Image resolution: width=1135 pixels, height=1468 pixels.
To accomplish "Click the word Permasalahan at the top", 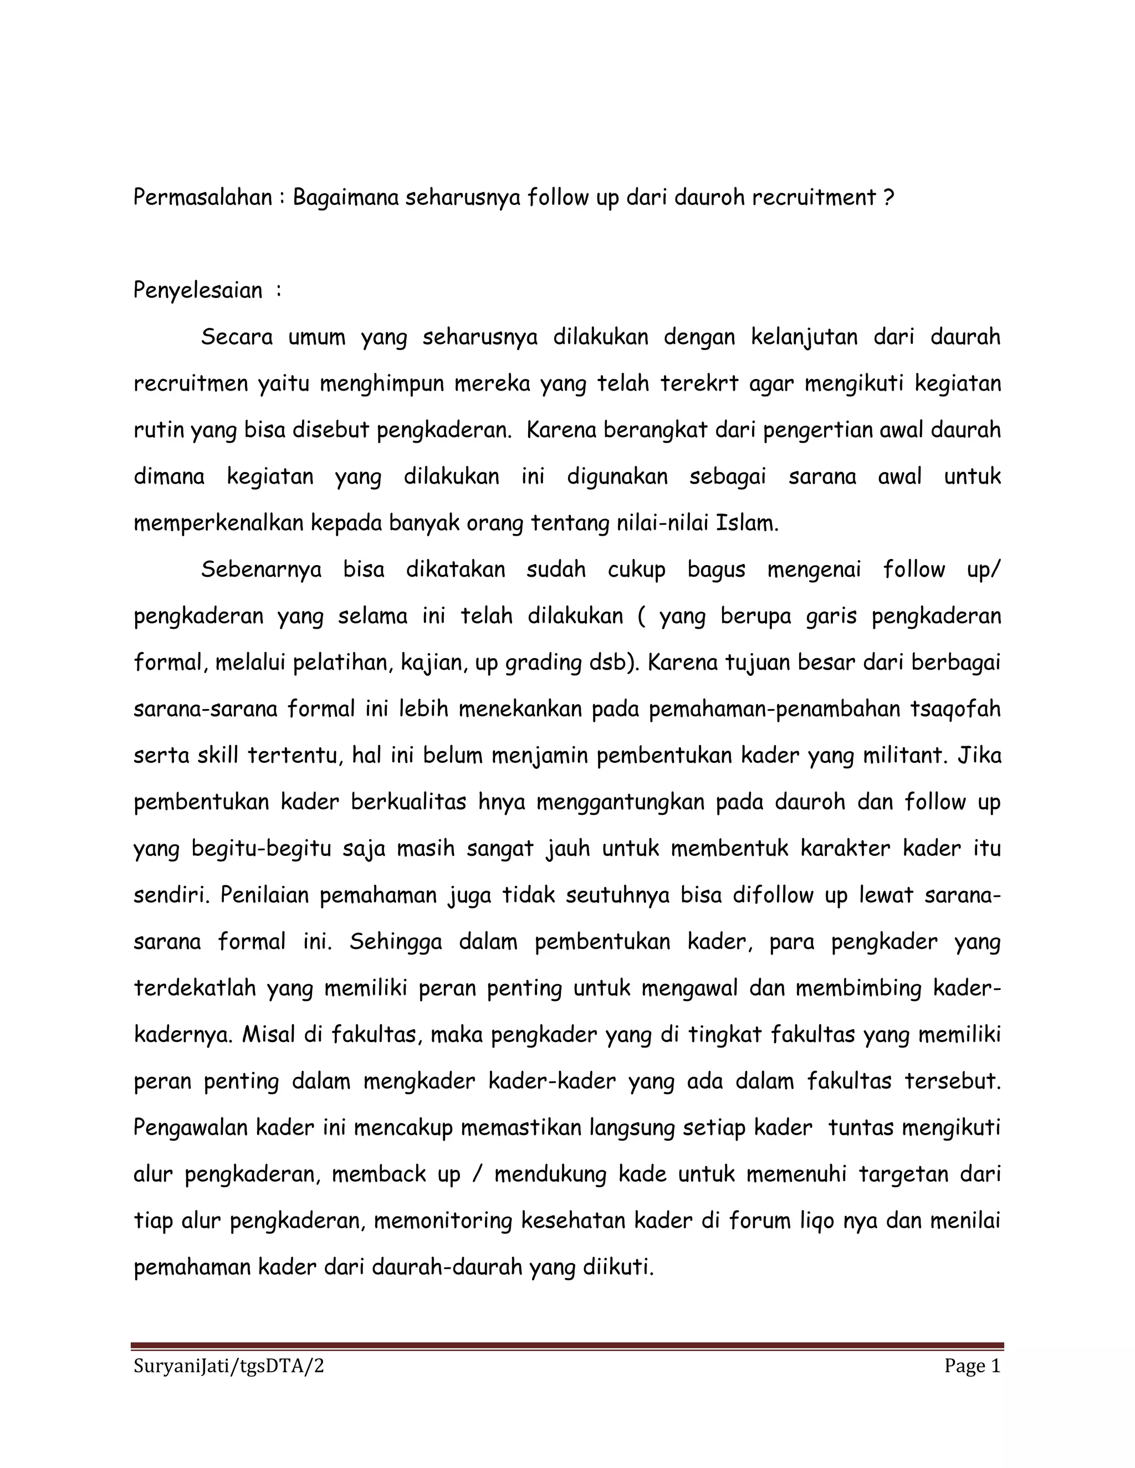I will [202, 198].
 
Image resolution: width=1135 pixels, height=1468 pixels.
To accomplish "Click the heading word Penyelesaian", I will [198, 290].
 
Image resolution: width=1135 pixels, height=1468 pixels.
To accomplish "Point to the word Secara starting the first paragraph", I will [237, 337].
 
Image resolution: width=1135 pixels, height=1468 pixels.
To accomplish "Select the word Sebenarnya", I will [261, 569].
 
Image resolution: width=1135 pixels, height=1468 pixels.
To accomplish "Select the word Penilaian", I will [262, 895].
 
